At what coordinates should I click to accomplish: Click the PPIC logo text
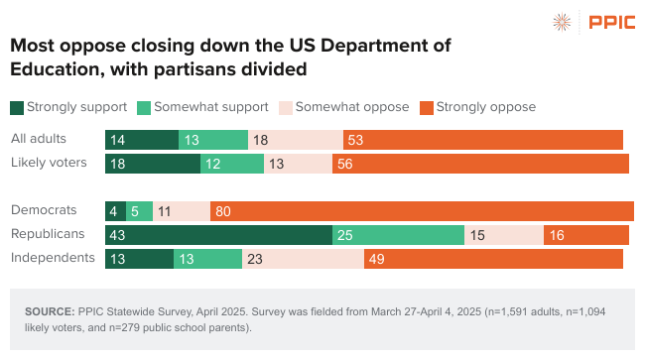point(607,22)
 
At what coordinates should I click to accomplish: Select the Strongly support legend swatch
point(17,107)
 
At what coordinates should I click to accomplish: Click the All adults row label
point(40,139)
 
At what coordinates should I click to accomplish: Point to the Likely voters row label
point(49,163)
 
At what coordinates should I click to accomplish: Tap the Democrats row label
point(44,210)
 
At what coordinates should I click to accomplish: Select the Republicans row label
point(49,234)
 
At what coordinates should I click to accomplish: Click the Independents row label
point(53,258)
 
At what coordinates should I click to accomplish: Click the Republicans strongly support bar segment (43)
point(218,235)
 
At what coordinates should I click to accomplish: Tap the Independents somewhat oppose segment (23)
point(303,259)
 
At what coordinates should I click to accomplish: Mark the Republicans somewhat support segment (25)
point(398,235)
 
